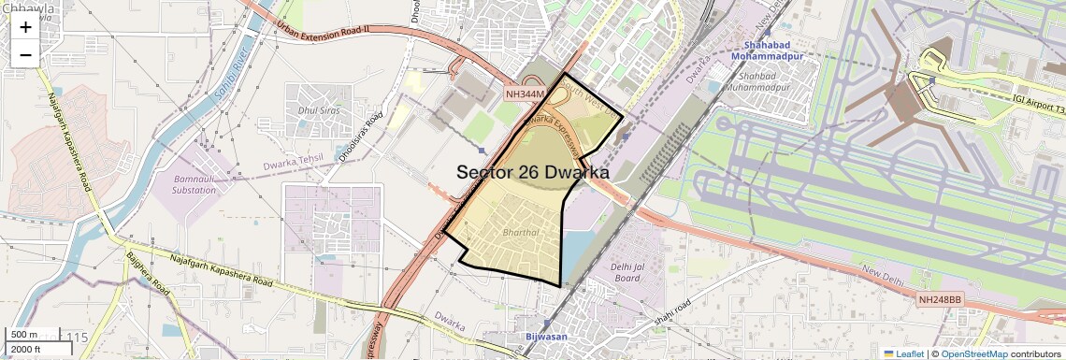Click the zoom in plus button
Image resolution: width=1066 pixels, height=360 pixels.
(x=25, y=27)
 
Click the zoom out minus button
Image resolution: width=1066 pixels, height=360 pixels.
(x=25, y=54)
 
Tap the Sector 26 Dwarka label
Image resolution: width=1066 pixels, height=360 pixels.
(x=533, y=173)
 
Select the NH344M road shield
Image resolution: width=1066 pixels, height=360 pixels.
(x=524, y=94)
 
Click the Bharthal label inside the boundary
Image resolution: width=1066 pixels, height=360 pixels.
(x=521, y=231)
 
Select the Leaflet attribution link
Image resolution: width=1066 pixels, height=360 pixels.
(x=904, y=353)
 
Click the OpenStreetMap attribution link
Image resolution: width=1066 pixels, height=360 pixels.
(x=973, y=353)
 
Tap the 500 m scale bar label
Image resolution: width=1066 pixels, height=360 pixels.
(x=25, y=335)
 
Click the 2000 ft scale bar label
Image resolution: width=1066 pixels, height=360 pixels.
(x=26, y=349)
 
